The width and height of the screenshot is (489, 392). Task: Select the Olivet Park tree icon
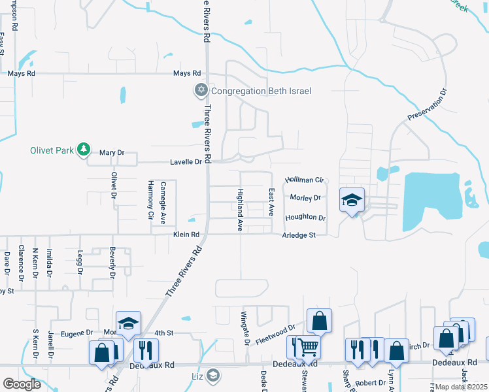pos(83,150)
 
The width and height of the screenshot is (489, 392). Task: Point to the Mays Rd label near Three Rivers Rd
pos(186,74)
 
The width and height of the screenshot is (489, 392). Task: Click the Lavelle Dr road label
pos(186,161)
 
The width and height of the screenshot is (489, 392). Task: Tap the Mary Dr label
pos(111,153)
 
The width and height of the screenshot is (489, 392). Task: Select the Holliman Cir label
pos(304,180)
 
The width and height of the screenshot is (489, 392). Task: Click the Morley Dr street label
pos(305,198)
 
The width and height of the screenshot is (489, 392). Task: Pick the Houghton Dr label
pos(305,218)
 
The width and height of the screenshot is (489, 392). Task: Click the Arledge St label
pos(299,235)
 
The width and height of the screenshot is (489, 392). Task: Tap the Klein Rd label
pos(186,235)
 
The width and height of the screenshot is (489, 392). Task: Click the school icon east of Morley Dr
pos(352,201)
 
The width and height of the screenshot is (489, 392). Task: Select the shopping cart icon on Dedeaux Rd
pos(307,347)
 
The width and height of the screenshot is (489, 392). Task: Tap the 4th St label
pos(163,333)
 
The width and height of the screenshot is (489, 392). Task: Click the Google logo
pos(22,384)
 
